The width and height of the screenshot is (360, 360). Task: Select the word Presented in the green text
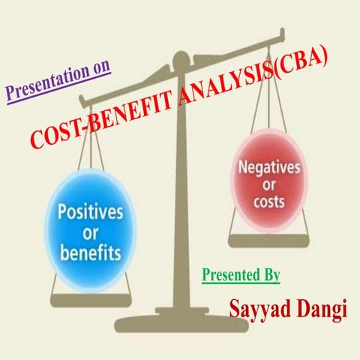click(x=226, y=274)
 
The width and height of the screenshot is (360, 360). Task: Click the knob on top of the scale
click(x=181, y=59)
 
